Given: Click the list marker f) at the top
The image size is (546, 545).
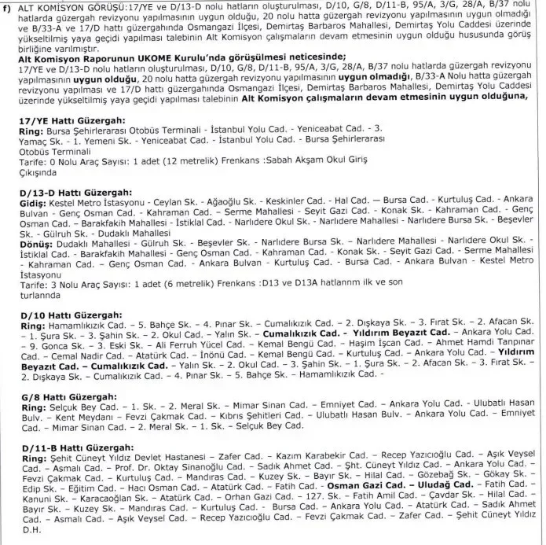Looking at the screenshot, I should (9, 7).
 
